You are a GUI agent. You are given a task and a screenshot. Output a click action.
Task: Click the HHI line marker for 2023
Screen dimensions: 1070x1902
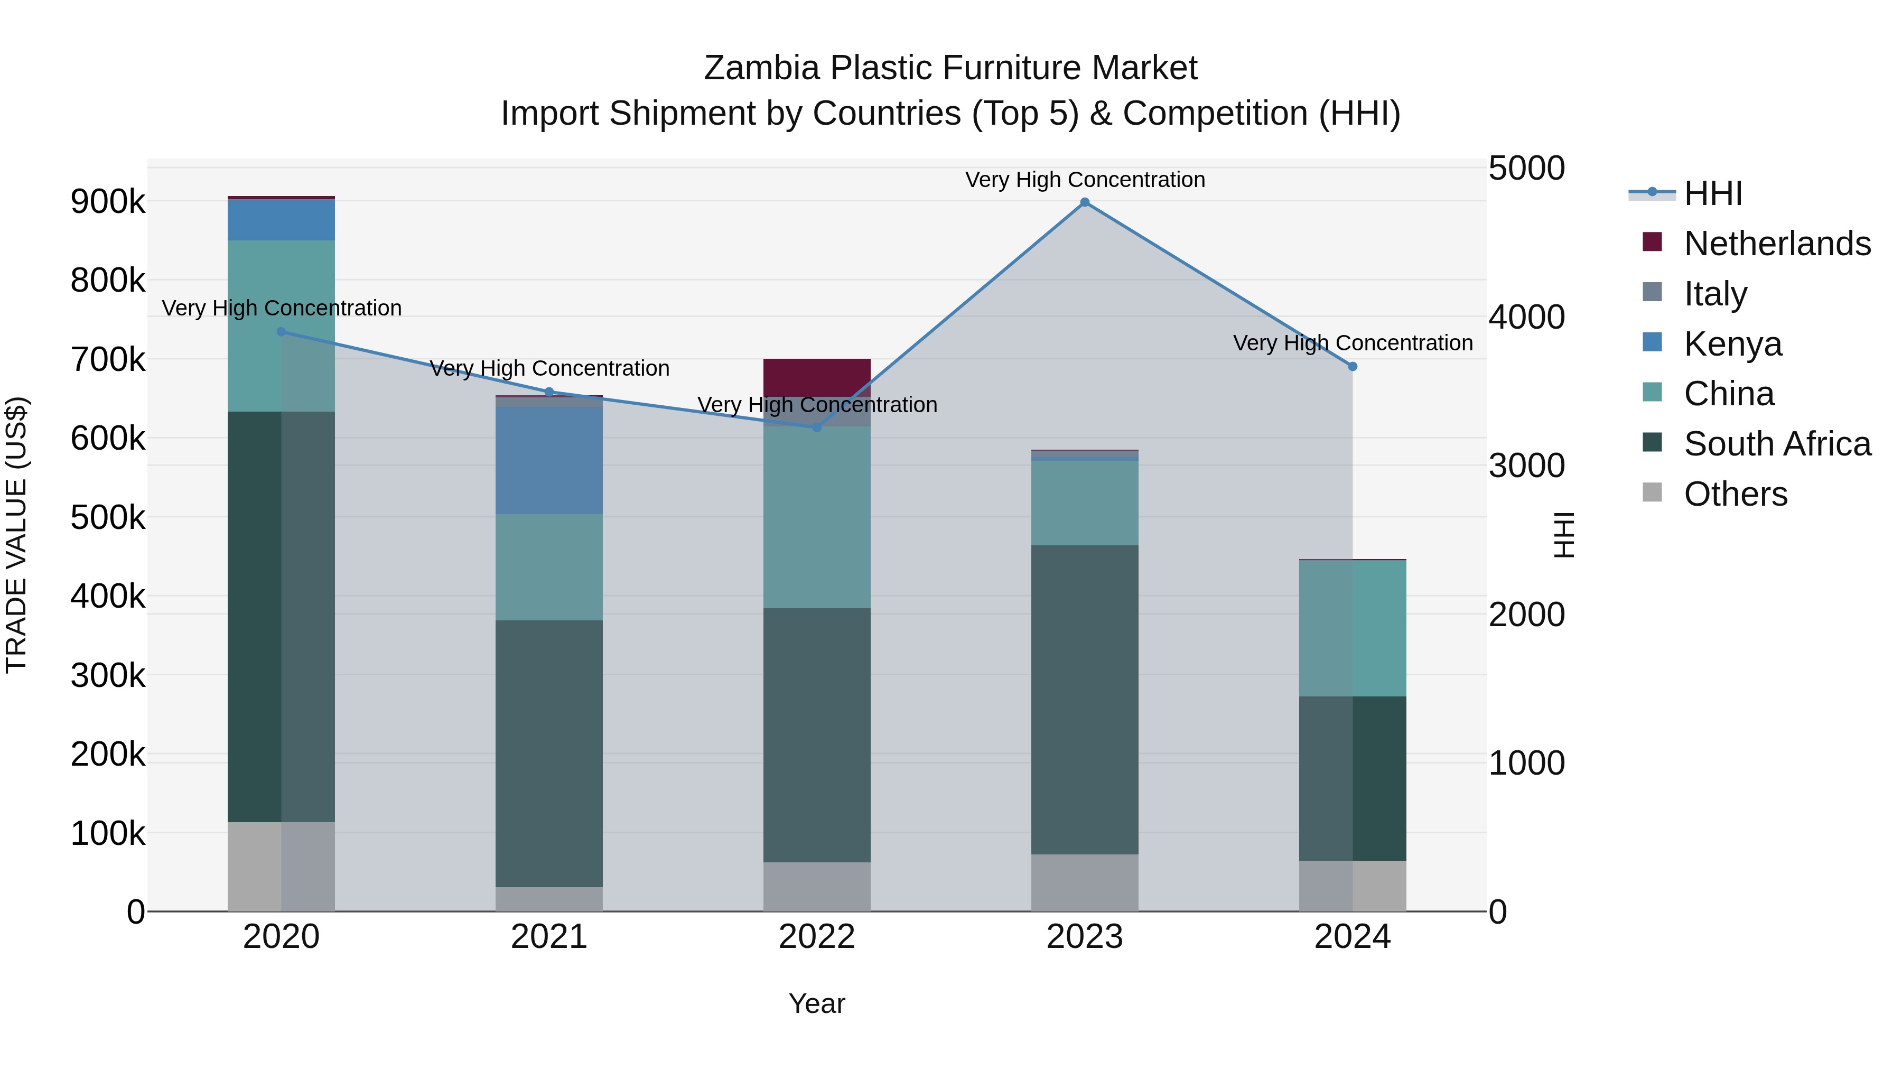1085,202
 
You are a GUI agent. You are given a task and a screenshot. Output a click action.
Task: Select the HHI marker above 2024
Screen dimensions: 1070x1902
1353,366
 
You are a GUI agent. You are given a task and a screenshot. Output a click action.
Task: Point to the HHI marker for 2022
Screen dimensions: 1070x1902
817,427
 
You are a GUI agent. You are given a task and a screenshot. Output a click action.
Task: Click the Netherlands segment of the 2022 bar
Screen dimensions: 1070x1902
817,377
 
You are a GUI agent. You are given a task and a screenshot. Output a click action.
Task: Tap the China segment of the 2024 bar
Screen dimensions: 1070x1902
1353,628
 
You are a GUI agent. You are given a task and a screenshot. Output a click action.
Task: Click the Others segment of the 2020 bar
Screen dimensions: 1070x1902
281,866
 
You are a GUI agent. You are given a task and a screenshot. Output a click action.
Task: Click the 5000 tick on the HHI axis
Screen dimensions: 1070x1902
1525,169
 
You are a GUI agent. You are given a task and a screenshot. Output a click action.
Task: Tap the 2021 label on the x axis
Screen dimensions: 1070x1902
548,937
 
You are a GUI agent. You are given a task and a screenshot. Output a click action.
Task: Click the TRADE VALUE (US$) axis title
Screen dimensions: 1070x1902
16,535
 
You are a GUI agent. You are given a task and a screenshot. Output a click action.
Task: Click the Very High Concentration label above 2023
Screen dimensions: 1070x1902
1085,180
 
